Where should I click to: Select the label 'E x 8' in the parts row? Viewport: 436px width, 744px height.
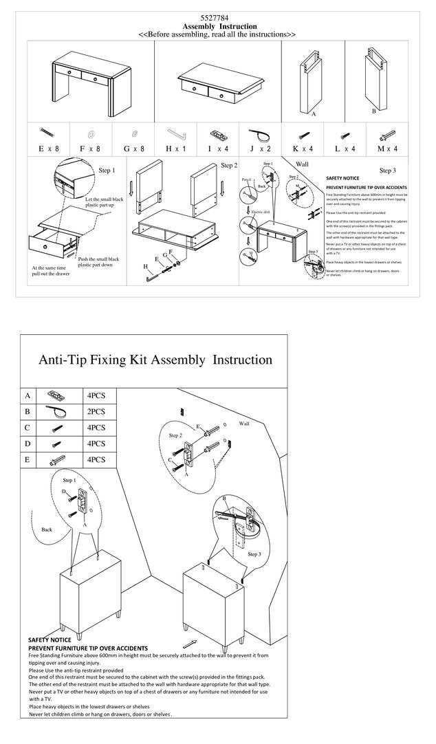coord(47,149)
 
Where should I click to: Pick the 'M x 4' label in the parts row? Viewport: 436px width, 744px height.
coord(388,149)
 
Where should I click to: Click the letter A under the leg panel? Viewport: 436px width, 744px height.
coord(314,114)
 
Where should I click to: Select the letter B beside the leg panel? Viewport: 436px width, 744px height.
coord(373,110)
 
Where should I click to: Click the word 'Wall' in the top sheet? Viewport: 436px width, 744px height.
coord(302,164)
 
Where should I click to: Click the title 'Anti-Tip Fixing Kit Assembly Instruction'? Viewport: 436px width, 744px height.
coord(155,360)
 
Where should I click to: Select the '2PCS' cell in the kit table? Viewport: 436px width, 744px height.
coord(96,412)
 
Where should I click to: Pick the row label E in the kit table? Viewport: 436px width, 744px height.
coord(28,459)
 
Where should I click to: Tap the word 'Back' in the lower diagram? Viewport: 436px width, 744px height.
coord(47,529)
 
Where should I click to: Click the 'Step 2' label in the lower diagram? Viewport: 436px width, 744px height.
coord(175,435)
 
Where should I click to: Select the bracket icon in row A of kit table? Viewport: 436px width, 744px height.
coord(54,396)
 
